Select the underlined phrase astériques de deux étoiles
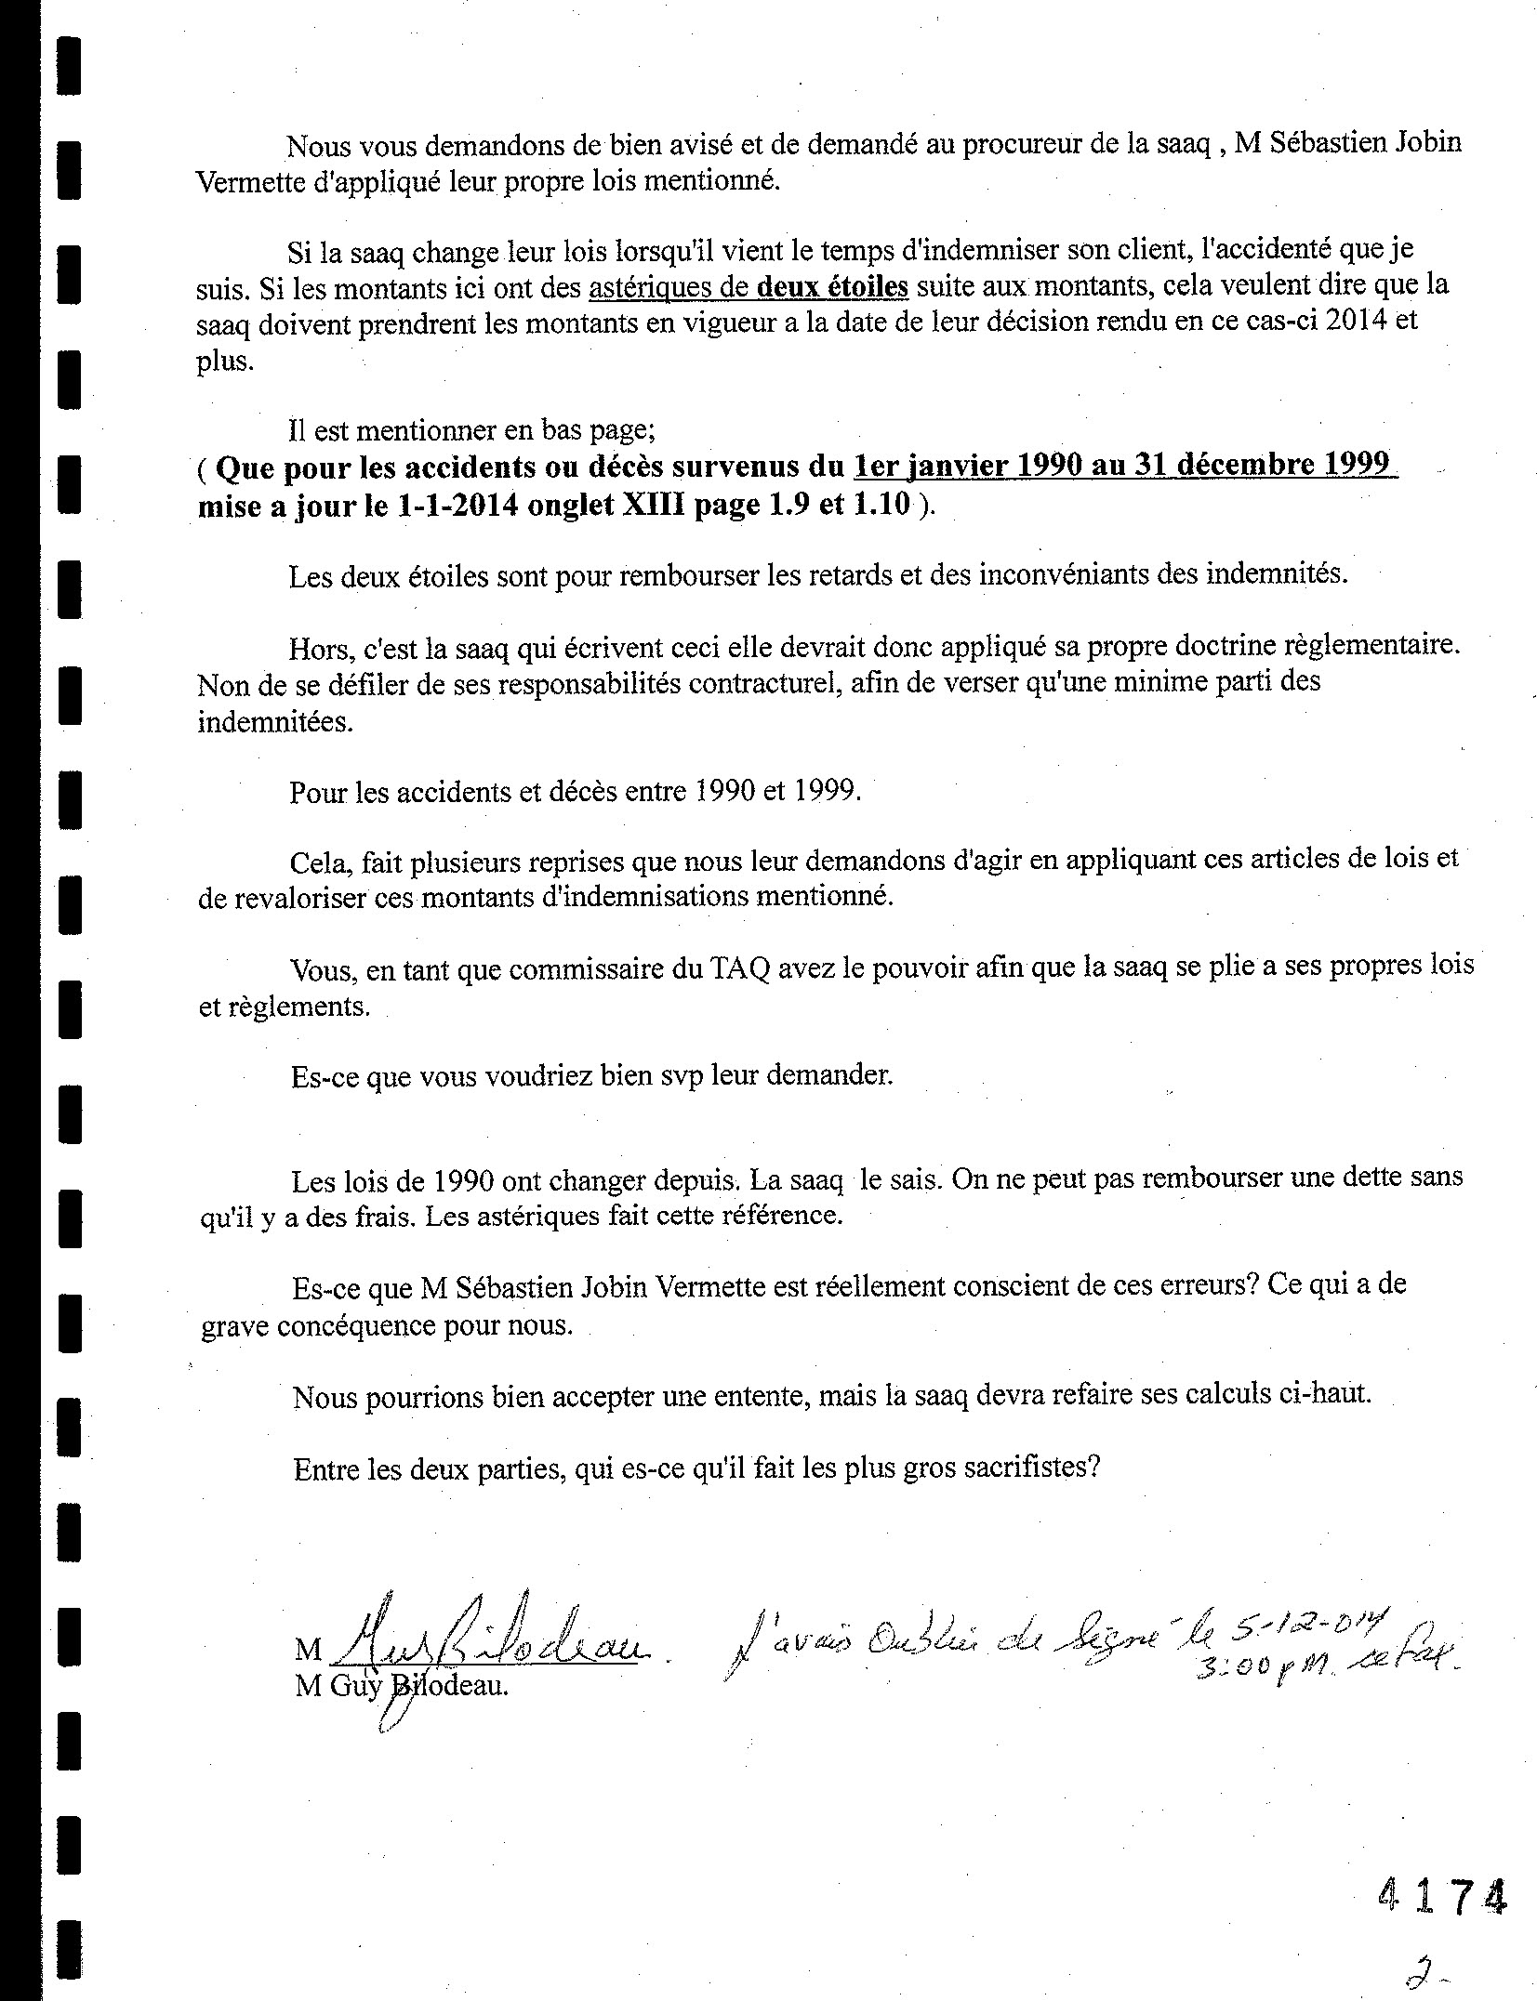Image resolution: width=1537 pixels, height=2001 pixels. (748, 287)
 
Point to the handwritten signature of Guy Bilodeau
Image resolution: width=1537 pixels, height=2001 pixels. (484, 1642)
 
